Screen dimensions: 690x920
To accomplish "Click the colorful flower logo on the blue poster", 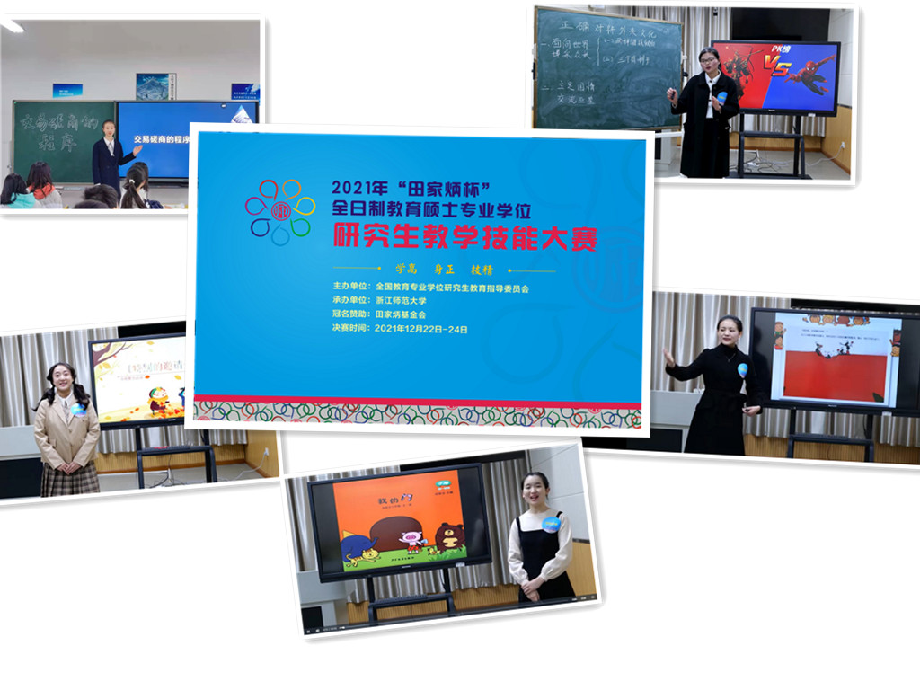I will click(x=279, y=212).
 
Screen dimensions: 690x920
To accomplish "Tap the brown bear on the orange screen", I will click(x=449, y=536).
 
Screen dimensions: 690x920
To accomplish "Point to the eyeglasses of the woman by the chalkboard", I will click(x=708, y=60).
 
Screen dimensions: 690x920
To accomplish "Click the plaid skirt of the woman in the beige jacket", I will click(x=69, y=479).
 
